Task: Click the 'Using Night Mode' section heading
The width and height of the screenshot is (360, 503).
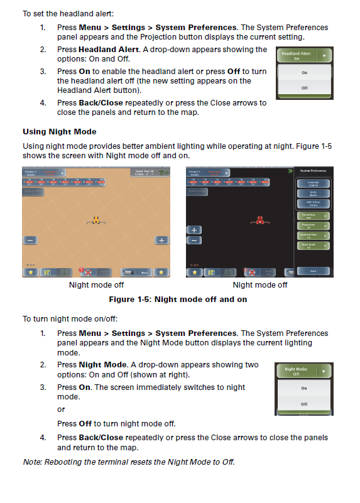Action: tap(60, 131)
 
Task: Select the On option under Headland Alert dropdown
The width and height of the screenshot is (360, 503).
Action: tap(304, 73)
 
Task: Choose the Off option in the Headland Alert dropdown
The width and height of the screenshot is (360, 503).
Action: tap(304, 88)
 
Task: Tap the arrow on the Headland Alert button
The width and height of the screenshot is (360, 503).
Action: tap(324, 55)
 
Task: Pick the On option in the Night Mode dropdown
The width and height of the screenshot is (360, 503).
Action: tap(304, 388)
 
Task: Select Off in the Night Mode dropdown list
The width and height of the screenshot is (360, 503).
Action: tap(304, 404)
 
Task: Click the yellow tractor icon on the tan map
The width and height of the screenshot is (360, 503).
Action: tap(96, 220)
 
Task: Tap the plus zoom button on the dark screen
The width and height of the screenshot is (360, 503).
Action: tap(195, 230)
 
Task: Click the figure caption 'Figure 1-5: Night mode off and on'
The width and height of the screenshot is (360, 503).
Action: tap(178, 300)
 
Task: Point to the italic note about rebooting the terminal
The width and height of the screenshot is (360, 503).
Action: tap(128, 462)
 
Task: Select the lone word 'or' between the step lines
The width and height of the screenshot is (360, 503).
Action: tap(61, 409)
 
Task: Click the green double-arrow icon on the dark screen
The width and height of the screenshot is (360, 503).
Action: tap(290, 171)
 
